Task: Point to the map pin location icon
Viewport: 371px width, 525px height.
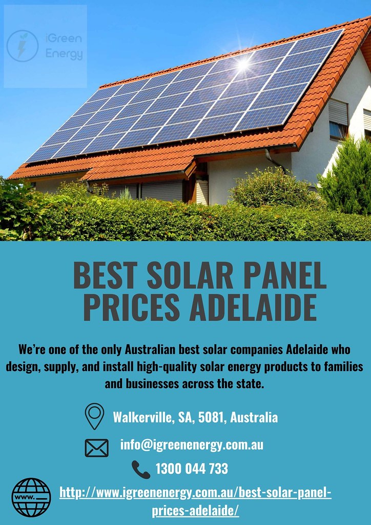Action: (x=94, y=416)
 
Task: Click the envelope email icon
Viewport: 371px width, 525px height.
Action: (x=96, y=448)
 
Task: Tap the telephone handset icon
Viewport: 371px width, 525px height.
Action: (x=140, y=469)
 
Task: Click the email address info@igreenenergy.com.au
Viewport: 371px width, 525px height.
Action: (x=192, y=445)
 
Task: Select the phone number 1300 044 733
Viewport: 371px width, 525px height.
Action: (x=191, y=469)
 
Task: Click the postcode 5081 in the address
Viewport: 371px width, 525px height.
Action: (x=210, y=417)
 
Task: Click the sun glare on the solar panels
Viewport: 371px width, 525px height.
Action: (x=242, y=63)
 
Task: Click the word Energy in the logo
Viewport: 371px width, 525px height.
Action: (x=64, y=53)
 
